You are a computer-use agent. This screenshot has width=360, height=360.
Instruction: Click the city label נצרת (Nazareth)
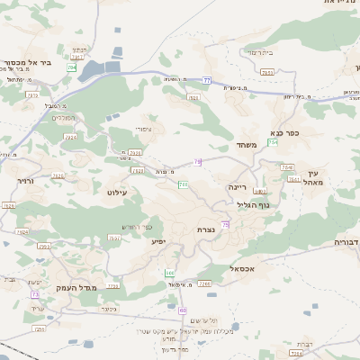tap(205, 230)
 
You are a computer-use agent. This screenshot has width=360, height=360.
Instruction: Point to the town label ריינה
tap(238, 187)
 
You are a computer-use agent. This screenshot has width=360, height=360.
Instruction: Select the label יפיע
tap(158, 242)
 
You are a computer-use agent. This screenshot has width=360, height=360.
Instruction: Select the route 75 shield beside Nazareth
tap(225, 224)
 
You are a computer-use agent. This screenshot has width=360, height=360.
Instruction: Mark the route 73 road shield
tap(35, 294)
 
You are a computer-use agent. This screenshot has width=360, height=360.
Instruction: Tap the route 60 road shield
tap(183, 310)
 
